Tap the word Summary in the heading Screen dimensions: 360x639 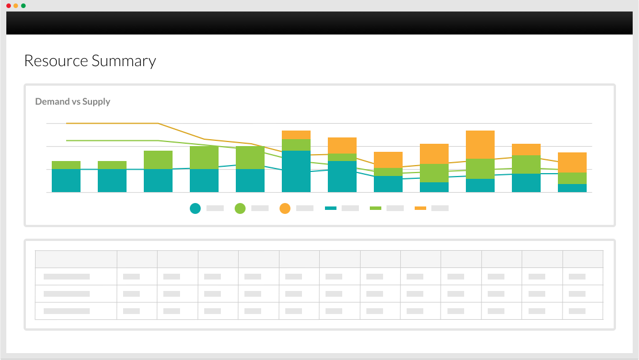[124, 61]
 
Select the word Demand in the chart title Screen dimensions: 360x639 [52, 102]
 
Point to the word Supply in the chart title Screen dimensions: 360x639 [96, 102]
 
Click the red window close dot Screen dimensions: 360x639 [9, 6]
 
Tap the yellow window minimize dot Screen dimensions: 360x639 [16, 6]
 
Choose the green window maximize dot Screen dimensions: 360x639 [23, 6]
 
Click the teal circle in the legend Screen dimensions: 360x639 [196, 208]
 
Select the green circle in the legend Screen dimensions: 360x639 [240, 208]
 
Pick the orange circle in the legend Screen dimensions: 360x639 [285, 208]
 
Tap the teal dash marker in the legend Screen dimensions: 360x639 [331, 208]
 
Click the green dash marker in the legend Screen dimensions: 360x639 [376, 208]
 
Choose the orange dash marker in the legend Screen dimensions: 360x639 [420, 208]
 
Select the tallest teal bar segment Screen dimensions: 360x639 [296, 171]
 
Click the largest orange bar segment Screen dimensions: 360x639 [480, 144]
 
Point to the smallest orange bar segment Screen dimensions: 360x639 [296, 135]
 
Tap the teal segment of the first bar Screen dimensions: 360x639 [66, 181]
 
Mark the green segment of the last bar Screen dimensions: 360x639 [572, 178]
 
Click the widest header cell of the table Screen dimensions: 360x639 [76, 259]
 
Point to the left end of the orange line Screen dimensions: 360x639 [67, 123]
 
